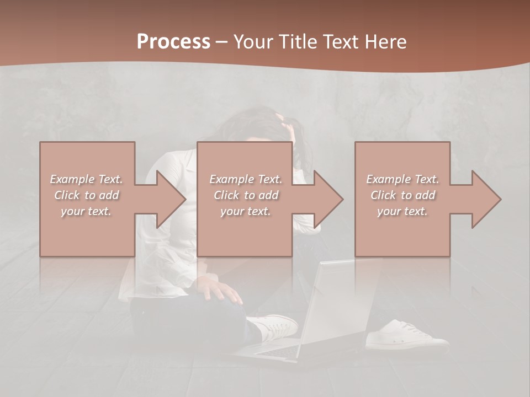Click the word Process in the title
pos(173,42)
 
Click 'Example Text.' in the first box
pos(86,179)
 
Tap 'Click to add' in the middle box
pos(246,195)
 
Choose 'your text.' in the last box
pos(402,211)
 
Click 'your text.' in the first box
pos(86,211)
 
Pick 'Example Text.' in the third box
pos(402,179)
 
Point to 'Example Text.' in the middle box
pos(246,179)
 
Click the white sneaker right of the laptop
pos(406,336)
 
